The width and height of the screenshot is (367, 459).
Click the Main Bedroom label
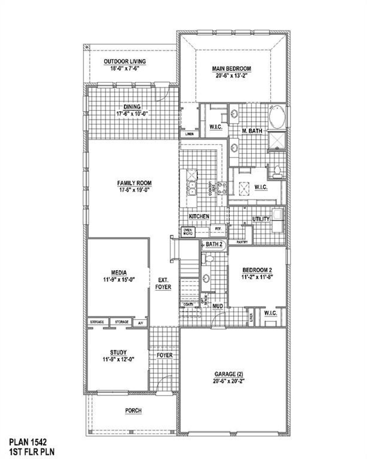(x=231, y=69)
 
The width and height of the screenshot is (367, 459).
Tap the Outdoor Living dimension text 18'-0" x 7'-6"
(x=125, y=69)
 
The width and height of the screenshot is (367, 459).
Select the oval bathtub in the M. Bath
(x=277, y=117)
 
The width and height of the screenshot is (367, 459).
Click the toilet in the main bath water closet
(x=277, y=171)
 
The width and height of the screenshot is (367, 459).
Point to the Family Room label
(x=134, y=183)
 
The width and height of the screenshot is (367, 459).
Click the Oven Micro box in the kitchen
(x=188, y=232)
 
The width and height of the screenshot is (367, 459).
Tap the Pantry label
(x=242, y=242)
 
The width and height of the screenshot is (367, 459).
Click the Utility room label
(x=261, y=219)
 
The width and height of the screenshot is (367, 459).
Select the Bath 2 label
(x=214, y=245)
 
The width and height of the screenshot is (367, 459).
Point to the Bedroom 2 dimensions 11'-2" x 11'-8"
(x=257, y=277)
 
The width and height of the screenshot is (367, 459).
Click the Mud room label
(x=218, y=306)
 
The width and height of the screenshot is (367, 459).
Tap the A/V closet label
(x=140, y=323)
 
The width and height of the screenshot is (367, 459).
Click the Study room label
(x=118, y=352)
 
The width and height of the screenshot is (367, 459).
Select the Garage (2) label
(x=229, y=374)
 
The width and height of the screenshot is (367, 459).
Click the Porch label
(x=133, y=411)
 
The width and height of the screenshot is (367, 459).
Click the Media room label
(x=119, y=273)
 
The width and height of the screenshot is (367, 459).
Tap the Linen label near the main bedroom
(x=189, y=134)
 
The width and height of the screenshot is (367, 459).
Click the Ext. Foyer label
(x=163, y=284)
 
